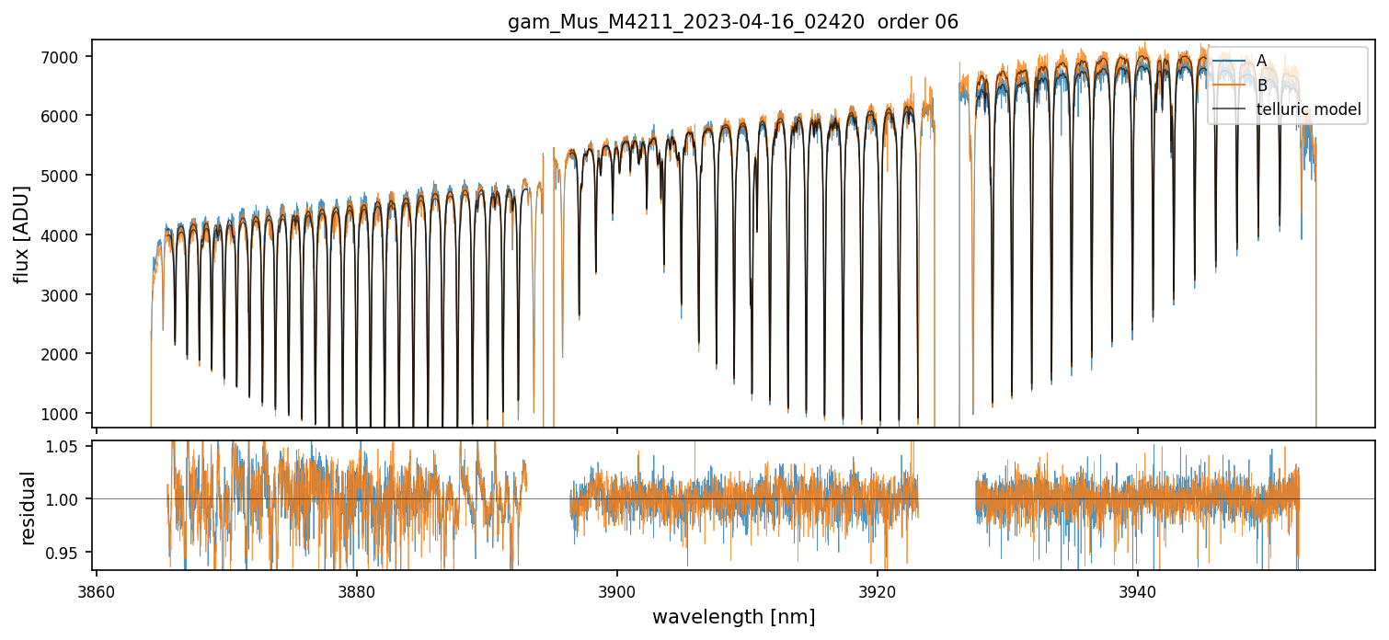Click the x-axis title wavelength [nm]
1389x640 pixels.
point(734,617)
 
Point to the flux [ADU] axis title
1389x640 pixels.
point(21,234)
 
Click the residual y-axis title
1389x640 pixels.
point(28,508)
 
